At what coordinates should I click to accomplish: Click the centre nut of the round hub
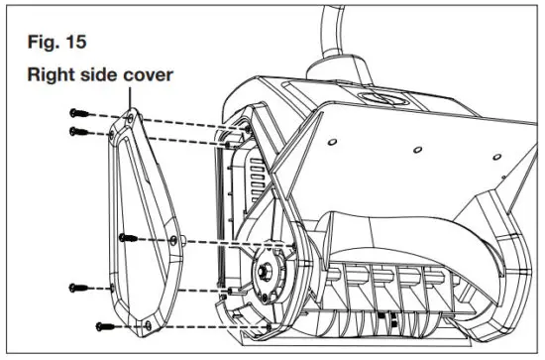268,268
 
